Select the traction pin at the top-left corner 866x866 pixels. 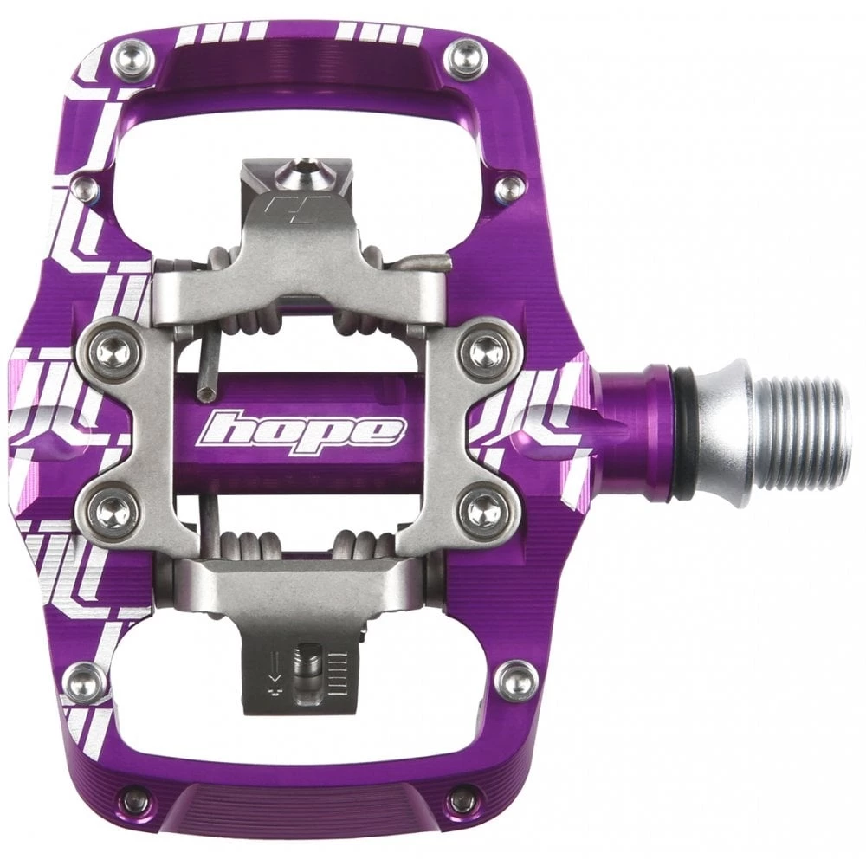[x=132, y=59]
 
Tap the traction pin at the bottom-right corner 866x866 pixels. [x=517, y=678]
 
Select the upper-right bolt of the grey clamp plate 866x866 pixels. [x=485, y=349]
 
